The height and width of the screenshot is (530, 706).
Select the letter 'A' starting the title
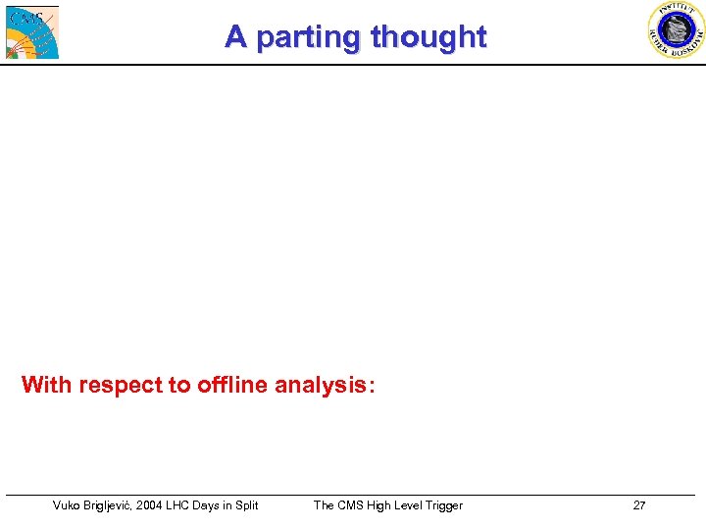click(234, 36)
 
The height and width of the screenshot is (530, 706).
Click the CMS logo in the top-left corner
click(32, 31)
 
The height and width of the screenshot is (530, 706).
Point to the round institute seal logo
click(676, 29)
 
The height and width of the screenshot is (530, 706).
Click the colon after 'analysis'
click(369, 385)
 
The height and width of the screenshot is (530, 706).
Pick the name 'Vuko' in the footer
click(68, 505)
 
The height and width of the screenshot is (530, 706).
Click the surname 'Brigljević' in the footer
click(118, 505)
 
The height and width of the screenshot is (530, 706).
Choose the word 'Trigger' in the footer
click(441, 505)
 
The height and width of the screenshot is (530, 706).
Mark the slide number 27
click(639, 505)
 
